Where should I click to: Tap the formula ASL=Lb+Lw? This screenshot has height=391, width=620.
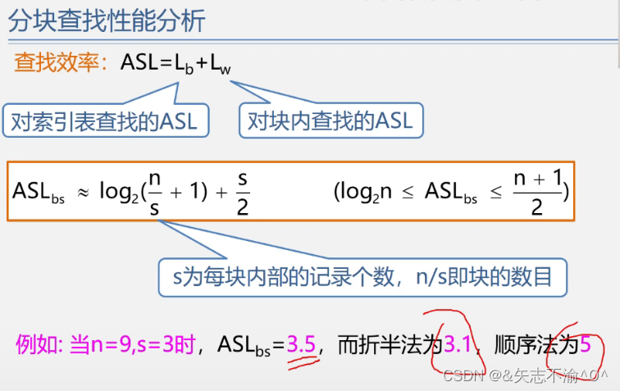click(176, 64)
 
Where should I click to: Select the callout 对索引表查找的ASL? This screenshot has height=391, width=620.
click(104, 121)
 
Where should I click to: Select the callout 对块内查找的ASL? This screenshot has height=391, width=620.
click(331, 121)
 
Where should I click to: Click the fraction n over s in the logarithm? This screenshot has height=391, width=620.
click(155, 192)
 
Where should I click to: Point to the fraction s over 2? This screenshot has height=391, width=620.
click(242, 192)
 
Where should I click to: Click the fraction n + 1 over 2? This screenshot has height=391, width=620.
click(537, 192)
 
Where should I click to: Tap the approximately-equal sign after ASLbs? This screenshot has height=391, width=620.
click(83, 191)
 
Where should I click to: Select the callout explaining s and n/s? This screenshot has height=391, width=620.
click(362, 276)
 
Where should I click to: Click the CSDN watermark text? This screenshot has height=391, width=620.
click(525, 376)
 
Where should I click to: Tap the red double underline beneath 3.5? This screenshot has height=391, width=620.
click(303, 361)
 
